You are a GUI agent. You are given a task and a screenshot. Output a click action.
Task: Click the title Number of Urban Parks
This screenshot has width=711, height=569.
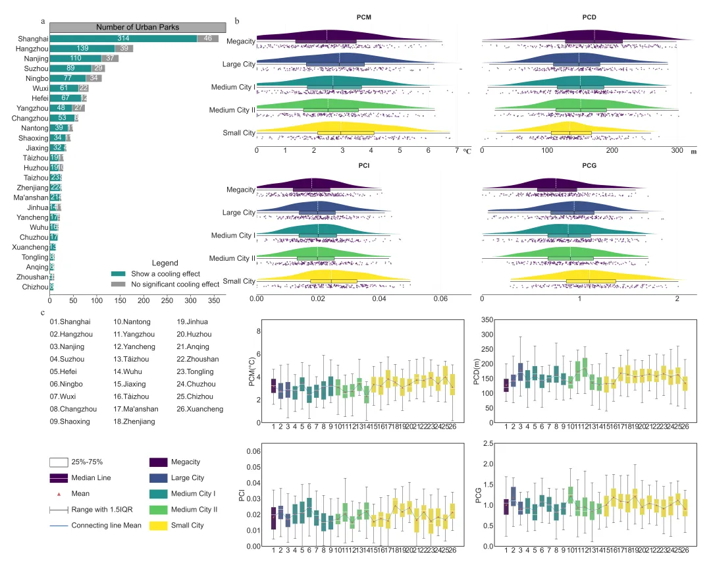pyautogui.click(x=138, y=27)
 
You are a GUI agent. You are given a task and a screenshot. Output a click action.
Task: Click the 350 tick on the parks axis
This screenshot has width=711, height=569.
pyautogui.click(x=215, y=301)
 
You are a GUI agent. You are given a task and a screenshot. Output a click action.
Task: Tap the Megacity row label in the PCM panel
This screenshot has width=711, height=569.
pyautogui.click(x=240, y=41)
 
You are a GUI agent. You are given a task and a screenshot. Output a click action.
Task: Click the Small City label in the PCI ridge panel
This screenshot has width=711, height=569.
pyautogui.click(x=239, y=282)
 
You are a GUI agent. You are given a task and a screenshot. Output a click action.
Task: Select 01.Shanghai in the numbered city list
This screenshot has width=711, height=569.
pyautogui.click(x=70, y=322)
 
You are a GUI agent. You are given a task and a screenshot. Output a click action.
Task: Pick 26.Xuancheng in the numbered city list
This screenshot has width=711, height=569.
pyautogui.click(x=200, y=409)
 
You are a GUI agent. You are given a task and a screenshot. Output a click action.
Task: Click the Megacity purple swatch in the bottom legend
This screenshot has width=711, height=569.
pyautogui.click(x=162, y=462)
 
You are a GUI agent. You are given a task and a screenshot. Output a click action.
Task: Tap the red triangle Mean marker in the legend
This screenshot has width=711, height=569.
pyautogui.click(x=60, y=493)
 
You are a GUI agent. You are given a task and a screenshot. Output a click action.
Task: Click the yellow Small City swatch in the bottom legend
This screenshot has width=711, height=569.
pyautogui.click(x=162, y=525)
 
